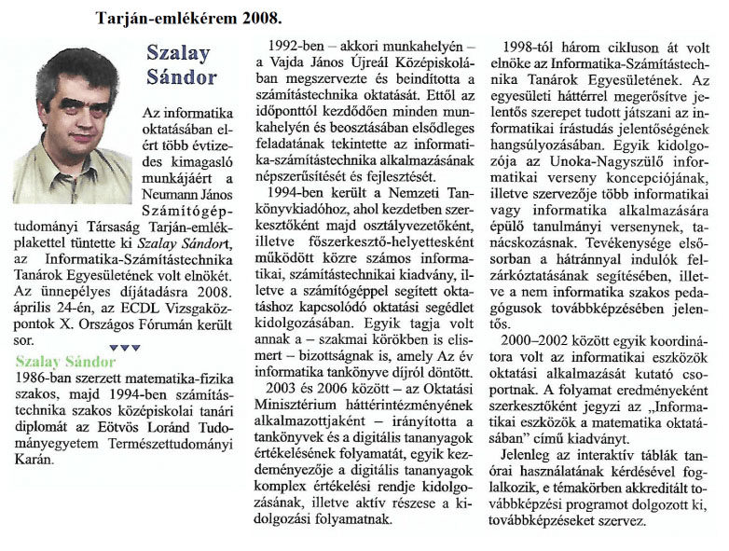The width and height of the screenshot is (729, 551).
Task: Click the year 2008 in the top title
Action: click(x=257, y=18)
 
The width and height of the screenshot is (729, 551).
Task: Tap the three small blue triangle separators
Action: click(x=124, y=347)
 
